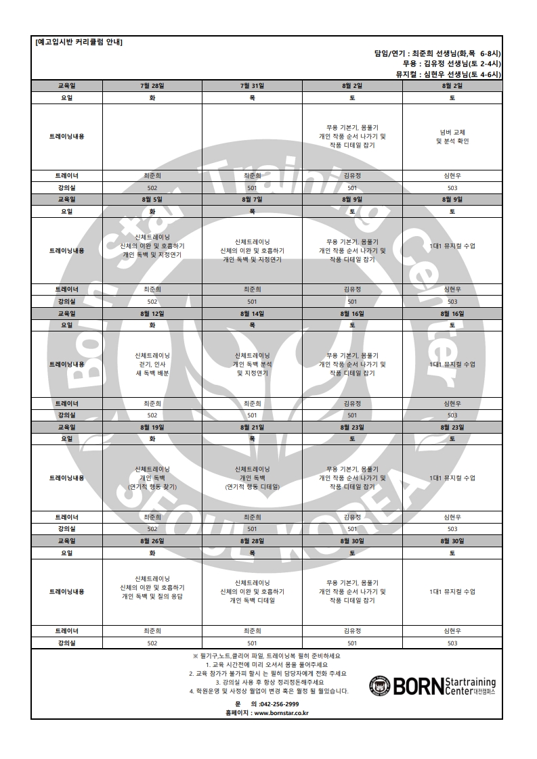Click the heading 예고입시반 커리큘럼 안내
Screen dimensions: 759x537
[79, 43]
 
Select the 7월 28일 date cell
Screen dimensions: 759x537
[152, 86]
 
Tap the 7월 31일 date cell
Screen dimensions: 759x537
[252, 86]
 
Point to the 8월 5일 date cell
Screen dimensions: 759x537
[152, 200]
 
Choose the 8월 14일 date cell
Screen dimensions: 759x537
[252, 314]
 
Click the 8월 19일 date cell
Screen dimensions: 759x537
[152, 428]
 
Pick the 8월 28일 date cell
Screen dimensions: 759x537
[252, 541]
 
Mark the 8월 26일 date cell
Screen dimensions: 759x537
[152, 541]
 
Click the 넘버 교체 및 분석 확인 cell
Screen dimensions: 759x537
[452, 136]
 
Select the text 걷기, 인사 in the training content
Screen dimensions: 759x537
[152, 364]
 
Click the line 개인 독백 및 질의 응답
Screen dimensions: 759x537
[152, 597]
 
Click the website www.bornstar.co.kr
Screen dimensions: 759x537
[281, 712]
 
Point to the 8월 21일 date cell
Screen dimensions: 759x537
[252, 428]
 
